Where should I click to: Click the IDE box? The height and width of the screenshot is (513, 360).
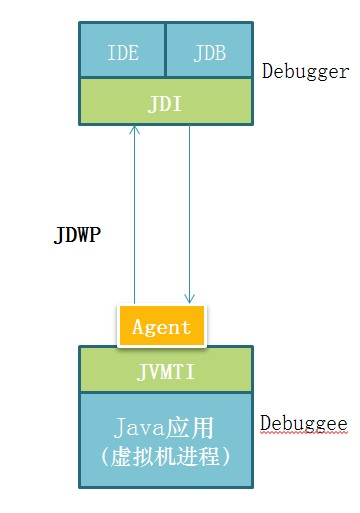click(x=122, y=53)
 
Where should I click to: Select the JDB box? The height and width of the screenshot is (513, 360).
click(x=209, y=53)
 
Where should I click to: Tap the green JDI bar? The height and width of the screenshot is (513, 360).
click(x=165, y=103)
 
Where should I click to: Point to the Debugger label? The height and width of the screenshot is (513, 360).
click(x=305, y=72)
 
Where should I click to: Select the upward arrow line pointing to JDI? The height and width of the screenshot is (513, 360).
click(x=133, y=220)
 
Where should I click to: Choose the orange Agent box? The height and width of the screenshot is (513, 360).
click(x=162, y=326)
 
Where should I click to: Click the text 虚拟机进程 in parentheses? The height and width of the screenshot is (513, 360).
click(x=166, y=457)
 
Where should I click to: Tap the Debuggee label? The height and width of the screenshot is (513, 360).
click(x=303, y=424)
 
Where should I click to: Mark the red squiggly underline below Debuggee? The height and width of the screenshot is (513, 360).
click(x=303, y=434)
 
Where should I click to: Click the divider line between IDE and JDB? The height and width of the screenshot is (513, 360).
click(x=165, y=53)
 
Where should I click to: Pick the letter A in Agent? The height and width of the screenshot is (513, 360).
click(x=138, y=327)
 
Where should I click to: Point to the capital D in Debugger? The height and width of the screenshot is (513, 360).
click(x=266, y=72)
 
